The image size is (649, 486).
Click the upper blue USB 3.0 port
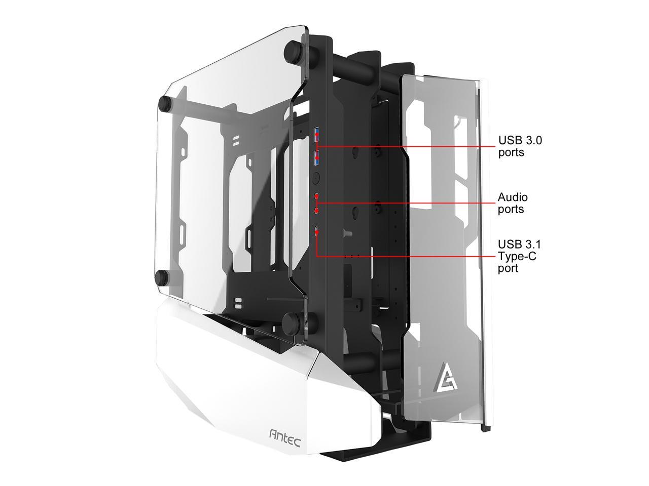click(317, 134)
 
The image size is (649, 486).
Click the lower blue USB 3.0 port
click(317, 157)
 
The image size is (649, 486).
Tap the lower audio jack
click(317, 211)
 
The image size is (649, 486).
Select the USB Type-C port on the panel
click(317, 231)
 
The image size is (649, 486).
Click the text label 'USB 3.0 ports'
click(520, 146)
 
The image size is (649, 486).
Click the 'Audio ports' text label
click(513, 203)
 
